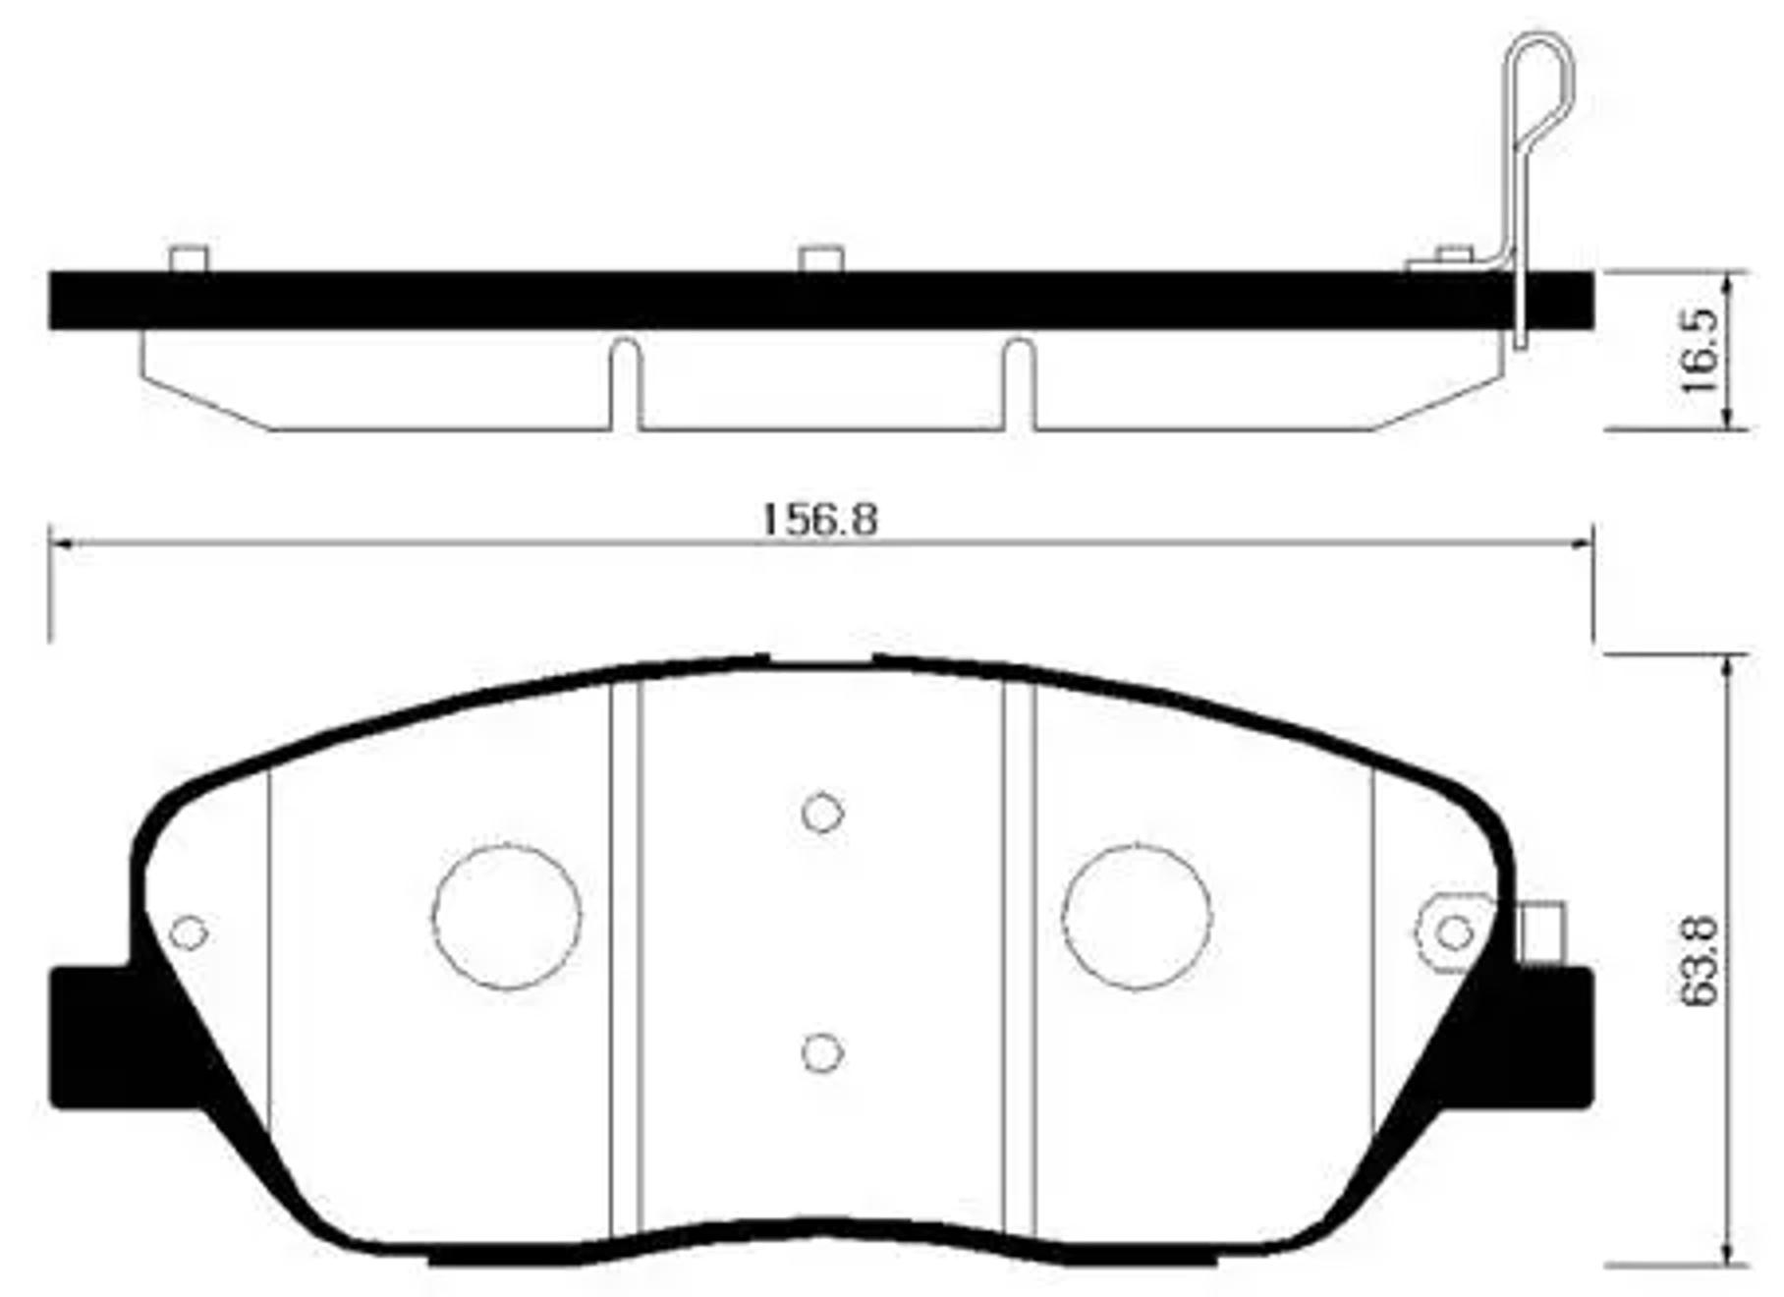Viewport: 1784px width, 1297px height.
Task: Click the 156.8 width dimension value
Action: click(x=819, y=519)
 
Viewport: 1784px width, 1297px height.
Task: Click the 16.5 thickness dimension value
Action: click(x=1700, y=350)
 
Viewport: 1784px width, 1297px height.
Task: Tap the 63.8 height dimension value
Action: click(x=1700, y=961)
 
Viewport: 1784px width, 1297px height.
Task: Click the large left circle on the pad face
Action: click(x=507, y=916)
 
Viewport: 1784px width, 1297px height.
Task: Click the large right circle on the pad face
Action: click(x=1137, y=916)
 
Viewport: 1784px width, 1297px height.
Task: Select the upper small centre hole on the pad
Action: click(x=822, y=813)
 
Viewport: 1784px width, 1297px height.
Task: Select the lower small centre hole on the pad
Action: click(x=822, y=1052)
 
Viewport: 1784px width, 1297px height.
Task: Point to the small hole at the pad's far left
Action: click(x=188, y=932)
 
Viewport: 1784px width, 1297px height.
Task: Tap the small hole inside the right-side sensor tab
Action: click(x=1454, y=932)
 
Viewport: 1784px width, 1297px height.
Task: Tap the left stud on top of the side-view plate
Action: click(x=189, y=259)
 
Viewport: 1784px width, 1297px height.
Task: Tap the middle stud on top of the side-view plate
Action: click(x=821, y=259)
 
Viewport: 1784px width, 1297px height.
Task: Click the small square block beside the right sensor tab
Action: click(x=1541, y=931)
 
